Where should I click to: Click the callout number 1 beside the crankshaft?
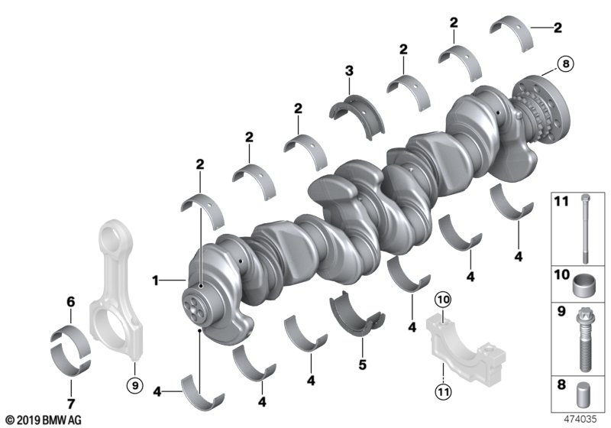click(x=156, y=281)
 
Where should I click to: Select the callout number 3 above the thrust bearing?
click(x=349, y=71)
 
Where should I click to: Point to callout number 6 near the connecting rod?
click(x=70, y=302)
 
